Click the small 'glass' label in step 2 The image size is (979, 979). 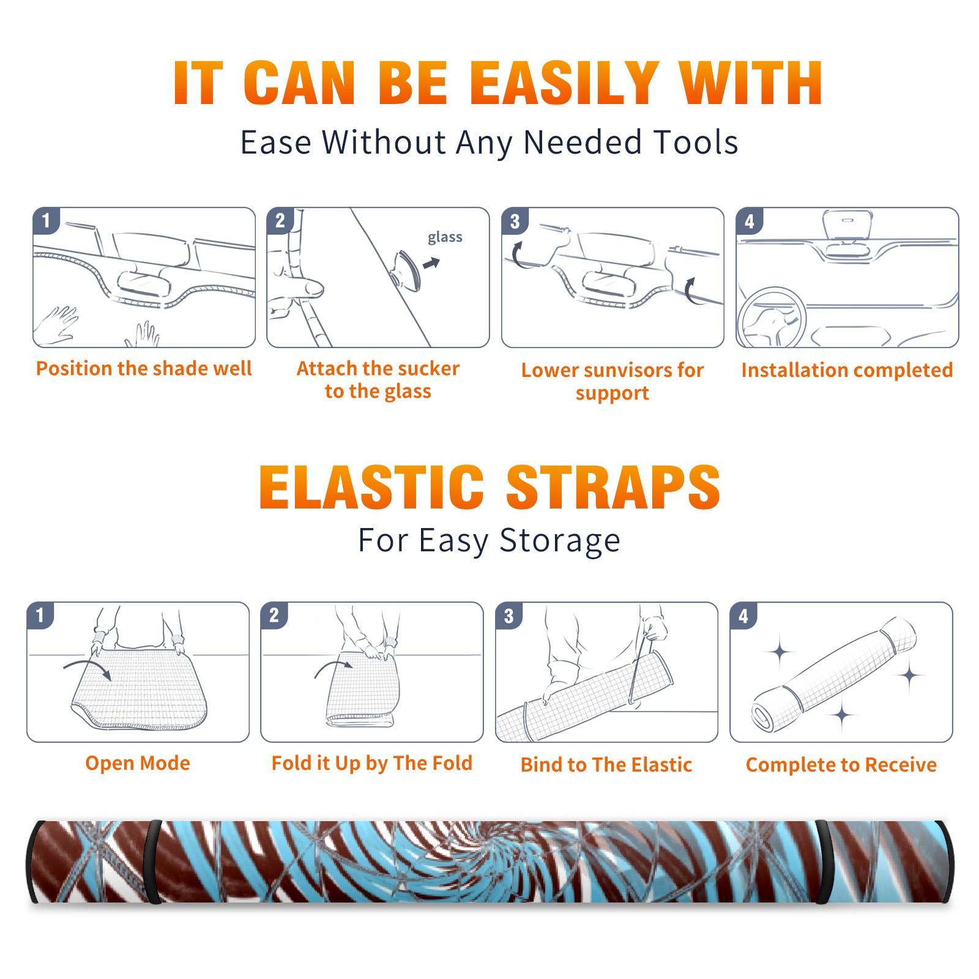pyautogui.click(x=445, y=237)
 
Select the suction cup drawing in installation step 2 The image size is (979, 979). pyautogui.click(x=407, y=270)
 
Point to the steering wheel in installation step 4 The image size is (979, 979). pyautogui.click(x=772, y=318)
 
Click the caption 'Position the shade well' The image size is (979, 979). pyautogui.click(x=144, y=368)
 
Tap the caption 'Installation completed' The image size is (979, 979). pyautogui.click(x=847, y=370)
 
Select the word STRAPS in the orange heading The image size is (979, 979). pyautogui.click(x=613, y=487)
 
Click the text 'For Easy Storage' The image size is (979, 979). pyautogui.click(x=489, y=540)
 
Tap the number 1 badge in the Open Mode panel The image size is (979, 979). pyautogui.click(x=40, y=615)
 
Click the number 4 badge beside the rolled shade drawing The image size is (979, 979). pyautogui.click(x=743, y=616)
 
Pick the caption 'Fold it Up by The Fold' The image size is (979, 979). pyautogui.click(x=372, y=763)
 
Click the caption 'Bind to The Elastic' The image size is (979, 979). pyautogui.click(x=606, y=765)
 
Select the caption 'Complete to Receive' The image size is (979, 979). pyautogui.click(x=841, y=765)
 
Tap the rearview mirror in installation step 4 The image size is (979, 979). pyautogui.click(x=847, y=226)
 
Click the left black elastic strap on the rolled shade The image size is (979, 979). pyautogui.click(x=154, y=862)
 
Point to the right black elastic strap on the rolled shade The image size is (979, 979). pyautogui.click(x=823, y=862)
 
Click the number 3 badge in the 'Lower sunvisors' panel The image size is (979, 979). pyautogui.click(x=515, y=221)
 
